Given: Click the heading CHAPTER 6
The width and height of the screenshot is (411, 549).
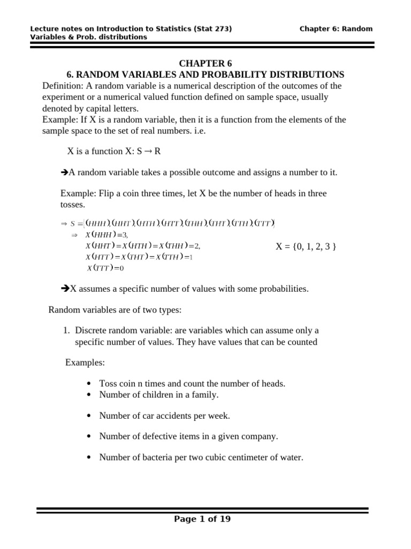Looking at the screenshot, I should (205, 64).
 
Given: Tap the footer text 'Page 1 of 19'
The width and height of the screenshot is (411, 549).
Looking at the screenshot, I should (203, 519).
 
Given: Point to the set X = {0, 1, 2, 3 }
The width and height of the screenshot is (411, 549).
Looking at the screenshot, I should (306, 247).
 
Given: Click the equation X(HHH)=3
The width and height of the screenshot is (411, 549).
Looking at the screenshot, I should (107, 235).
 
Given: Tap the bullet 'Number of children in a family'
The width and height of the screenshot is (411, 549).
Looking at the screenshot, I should (159, 395).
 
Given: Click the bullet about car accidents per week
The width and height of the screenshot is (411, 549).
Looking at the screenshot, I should (164, 416).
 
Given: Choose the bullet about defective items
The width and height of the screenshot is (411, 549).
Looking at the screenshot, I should (188, 436).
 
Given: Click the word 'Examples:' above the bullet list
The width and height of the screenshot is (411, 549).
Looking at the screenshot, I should (85, 363).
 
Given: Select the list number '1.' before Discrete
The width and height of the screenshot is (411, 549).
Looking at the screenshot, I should (67, 331).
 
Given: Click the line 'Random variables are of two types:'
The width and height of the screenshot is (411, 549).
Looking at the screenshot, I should (115, 310).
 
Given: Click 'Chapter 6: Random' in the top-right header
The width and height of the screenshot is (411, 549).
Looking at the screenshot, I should (336, 28).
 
